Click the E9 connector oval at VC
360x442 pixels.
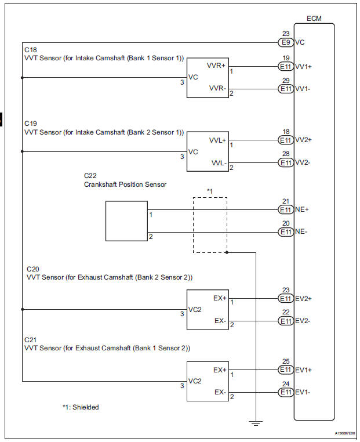(285, 42)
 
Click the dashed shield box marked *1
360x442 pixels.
(210, 224)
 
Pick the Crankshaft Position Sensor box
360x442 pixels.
(126, 221)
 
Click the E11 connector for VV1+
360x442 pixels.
(285, 66)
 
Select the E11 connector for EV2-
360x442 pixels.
(285, 321)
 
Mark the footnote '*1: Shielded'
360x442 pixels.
(81, 407)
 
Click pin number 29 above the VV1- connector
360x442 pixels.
(285, 80)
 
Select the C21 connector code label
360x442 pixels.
(30, 339)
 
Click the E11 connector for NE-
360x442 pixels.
(285, 232)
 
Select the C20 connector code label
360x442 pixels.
(32, 269)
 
